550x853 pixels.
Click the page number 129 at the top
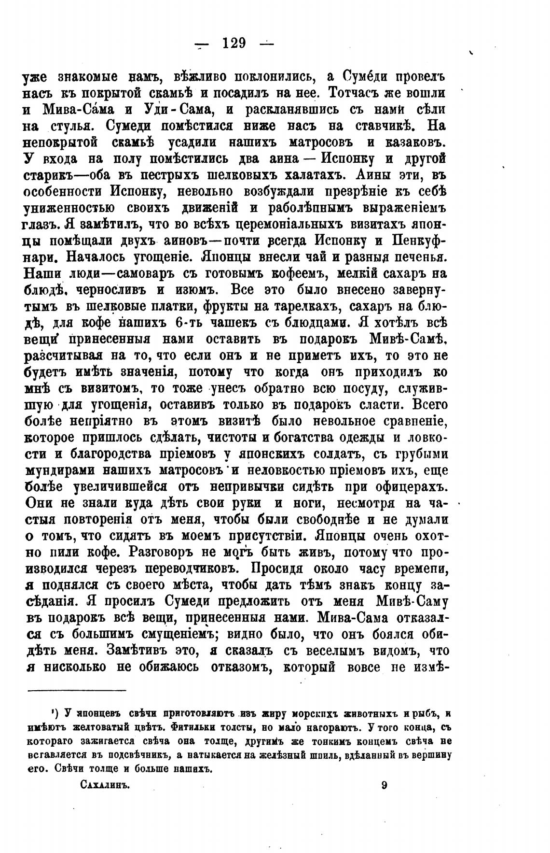click(234, 43)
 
